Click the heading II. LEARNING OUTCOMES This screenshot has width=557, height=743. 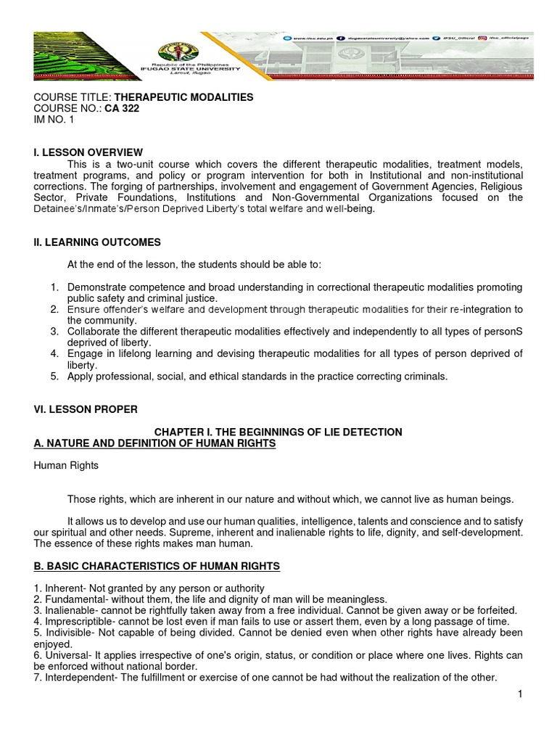tap(98, 242)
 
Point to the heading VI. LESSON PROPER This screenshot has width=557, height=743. tap(86, 409)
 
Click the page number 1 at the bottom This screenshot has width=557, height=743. tap(519, 694)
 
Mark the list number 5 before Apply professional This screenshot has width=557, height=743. tap(54, 376)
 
